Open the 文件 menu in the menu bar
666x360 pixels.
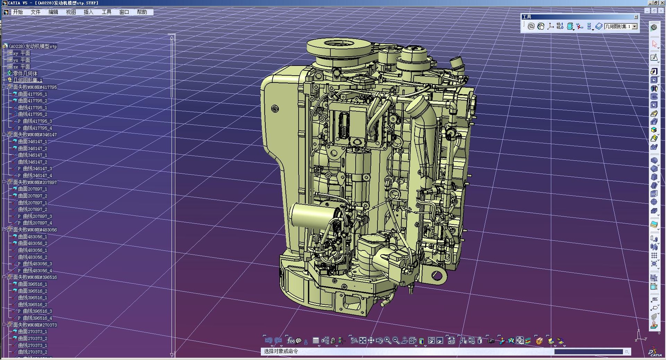(x=35, y=12)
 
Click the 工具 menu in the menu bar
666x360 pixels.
(x=106, y=12)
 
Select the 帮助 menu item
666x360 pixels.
(x=142, y=12)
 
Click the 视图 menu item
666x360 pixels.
(x=71, y=12)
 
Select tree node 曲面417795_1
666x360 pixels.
(x=32, y=94)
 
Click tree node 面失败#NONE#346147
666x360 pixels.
(x=35, y=135)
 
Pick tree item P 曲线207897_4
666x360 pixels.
(x=35, y=223)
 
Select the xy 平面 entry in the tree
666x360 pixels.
(x=22, y=53)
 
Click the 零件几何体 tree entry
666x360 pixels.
(x=25, y=74)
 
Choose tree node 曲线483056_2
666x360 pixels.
(x=32, y=257)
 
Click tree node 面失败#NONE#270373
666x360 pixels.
(x=35, y=325)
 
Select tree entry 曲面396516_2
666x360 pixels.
(x=32, y=291)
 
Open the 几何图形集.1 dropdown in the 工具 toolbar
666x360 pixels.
(x=634, y=26)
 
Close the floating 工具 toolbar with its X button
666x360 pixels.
(x=636, y=17)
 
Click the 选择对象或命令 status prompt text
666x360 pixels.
(x=281, y=351)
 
